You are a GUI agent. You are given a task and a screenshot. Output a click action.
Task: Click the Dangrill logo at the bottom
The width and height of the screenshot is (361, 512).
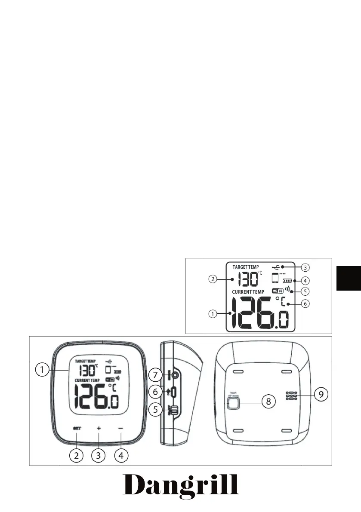tap(181, 486)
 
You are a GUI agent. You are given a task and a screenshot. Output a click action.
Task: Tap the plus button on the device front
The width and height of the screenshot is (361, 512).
tap(99, 428)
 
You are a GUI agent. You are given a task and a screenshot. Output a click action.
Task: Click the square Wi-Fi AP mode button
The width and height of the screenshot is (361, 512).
tap(233, 402)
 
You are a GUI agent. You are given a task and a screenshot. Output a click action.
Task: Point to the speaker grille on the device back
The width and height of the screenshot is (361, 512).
tap(291, 396)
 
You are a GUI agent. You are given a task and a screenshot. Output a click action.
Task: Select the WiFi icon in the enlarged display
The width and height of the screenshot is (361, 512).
tap(278, 291)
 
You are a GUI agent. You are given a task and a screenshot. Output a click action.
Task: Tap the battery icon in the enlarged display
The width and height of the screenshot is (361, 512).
tap(287, 280)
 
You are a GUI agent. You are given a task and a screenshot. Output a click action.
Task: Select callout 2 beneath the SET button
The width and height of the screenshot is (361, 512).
tap(76, 454)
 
